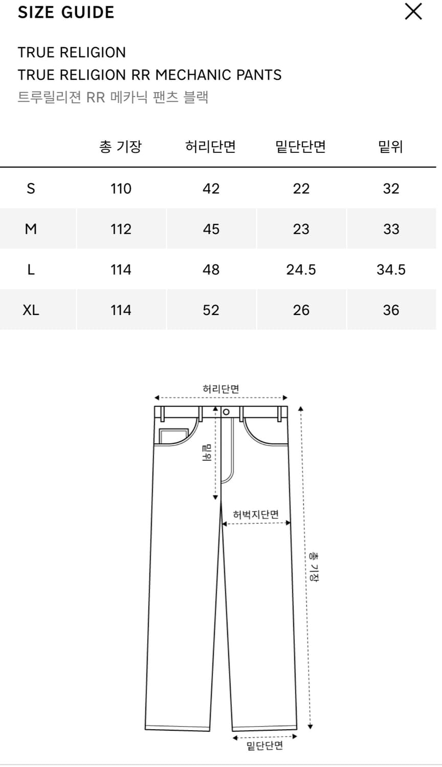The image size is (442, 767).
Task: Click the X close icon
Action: click(x=413, y=12)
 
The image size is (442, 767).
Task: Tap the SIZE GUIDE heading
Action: click(x=66, y=12)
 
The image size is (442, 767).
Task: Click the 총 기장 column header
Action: click(x=121, y=147)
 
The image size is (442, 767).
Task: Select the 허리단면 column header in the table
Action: click(x=210, y=147)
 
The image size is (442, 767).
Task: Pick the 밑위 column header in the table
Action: click(x=391, y=147)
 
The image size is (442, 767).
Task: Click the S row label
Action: click(x=31, y=189)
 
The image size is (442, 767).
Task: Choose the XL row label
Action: click(x=31, y=310)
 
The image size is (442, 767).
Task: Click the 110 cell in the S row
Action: click(x=121, y=189)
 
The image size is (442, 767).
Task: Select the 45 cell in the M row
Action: click(x=211, y=229)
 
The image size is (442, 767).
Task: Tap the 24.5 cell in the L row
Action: click(x=301, y=270)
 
